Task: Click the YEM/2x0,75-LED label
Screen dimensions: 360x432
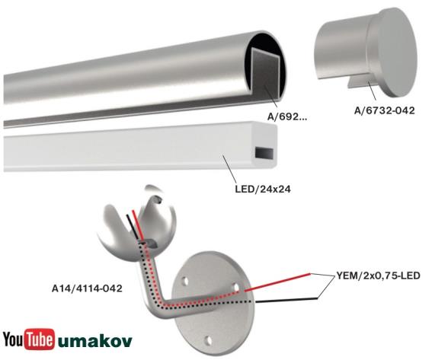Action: coord(379,274)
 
